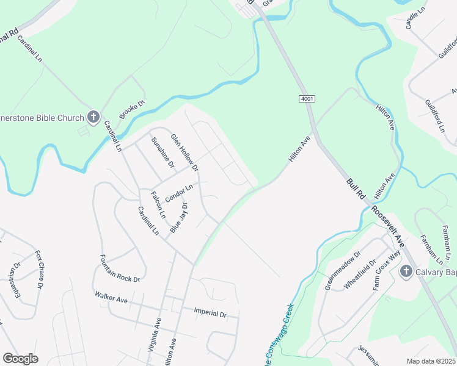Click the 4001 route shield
pyautogui.click(x=307, y=98)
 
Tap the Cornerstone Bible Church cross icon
pyautogui.click(x=93, y=116)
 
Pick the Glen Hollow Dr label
pyautogui.click(x=185, y=152)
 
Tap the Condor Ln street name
pyautogui.click(x=178, y=193)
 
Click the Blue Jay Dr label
pyautogui.click(x=179, y=219)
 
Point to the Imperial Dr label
pyautogui.click(x=210, y=314)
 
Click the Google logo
pyautogui.click(x=20, y=359)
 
